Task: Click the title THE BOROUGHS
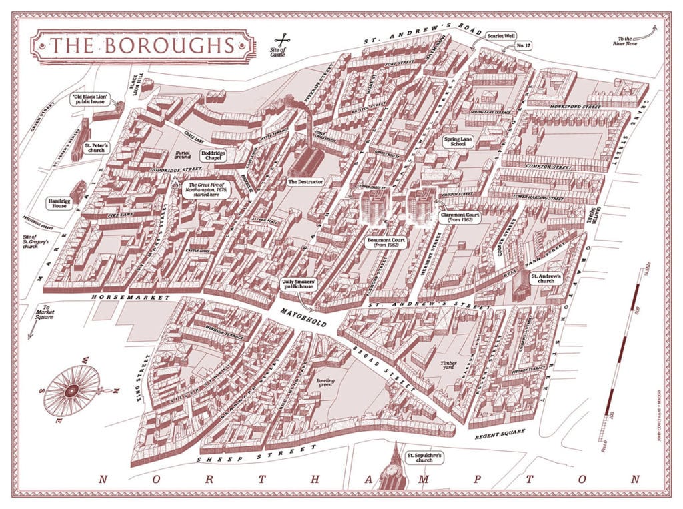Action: (x=142, y=45)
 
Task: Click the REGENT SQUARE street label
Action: (x=500, y=435)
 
